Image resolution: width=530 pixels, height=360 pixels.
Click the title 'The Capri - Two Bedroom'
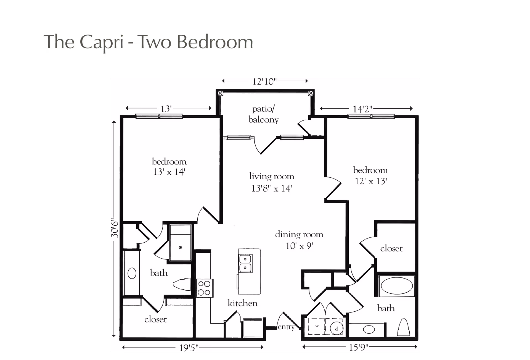(x=148, y=42)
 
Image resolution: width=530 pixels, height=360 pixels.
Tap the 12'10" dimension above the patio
(x=264, y=82)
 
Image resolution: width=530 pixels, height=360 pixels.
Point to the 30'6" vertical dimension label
(x=115, y=229)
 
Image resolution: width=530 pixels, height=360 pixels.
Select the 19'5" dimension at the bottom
(x=189, y=348)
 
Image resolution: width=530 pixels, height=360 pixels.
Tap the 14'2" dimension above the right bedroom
(x=363, y=109)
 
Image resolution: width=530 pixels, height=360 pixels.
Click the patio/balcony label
(x=263, y=114)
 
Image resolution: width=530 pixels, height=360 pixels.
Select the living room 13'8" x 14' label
(x=272, y=182)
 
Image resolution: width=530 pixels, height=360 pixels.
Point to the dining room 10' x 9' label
(x=299, y=240)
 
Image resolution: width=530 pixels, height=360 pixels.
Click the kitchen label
(x=243, y=303)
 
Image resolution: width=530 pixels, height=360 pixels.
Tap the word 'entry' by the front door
(x=286, y=327)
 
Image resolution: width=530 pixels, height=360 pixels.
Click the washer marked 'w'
(x=317, y=326)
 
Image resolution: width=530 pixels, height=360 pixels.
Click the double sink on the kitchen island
(x=245, y=264)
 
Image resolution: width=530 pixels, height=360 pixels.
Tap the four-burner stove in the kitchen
(x=204, y=288)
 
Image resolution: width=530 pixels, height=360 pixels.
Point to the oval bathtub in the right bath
(x=397, y=286)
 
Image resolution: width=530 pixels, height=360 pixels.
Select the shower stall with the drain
(x=180, y=243)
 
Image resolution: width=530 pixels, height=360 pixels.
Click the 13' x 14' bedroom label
(x=169, y=167)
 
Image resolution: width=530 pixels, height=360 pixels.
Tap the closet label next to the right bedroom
(x=391, y=249)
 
